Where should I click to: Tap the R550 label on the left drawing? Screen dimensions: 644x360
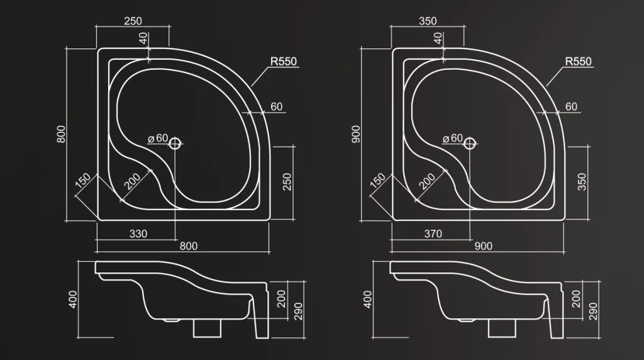(284, 61)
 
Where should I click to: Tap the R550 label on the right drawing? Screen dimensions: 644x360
(579, 61)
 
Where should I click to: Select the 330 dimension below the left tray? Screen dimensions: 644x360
(138, 234)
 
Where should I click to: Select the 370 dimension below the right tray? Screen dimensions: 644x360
(433, 234)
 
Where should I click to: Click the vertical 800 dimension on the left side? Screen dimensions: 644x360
(61, 134)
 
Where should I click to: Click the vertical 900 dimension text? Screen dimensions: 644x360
(356, 134)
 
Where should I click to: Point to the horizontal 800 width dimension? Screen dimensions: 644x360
(189, 246)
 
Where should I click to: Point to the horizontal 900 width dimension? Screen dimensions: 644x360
(484, 246)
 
